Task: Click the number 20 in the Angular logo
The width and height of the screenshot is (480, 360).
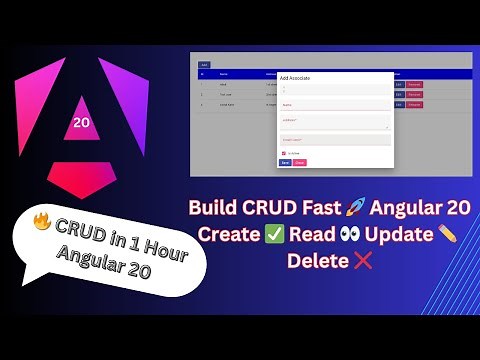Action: coord(81,123)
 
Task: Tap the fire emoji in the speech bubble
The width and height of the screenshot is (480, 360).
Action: coord(42,221)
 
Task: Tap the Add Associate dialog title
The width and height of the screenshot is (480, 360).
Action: coord(299,76)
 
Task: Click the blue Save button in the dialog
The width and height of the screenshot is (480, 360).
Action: coord(285,162)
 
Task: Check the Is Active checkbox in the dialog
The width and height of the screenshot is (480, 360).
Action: coord(283,153)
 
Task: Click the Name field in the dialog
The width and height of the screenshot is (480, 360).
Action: coord(334,104)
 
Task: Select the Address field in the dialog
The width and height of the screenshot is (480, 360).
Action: coord(334,121)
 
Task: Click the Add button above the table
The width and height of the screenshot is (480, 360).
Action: coord(204,64)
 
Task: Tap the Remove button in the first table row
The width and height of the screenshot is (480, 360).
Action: coord(414,85)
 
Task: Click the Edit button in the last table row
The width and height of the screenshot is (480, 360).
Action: coord(398,104)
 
